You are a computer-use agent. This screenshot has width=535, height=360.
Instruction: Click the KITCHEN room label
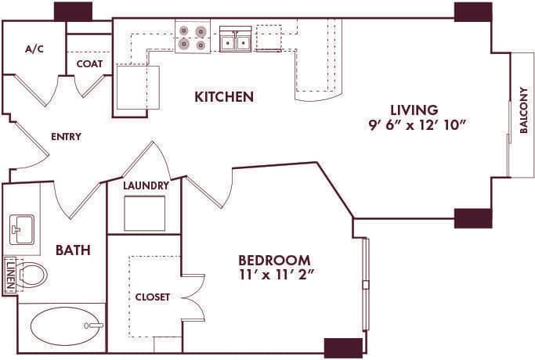[224, 97]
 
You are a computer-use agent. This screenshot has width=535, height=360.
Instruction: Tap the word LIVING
[415, 110]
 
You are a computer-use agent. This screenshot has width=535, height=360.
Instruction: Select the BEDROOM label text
[274, 260]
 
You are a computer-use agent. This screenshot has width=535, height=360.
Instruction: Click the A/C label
[34, 49]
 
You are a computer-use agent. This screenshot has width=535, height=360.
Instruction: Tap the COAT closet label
[90, 64]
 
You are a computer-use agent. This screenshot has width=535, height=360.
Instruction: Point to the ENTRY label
[66, 136]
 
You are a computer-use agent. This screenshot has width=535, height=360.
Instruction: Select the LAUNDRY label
[146, 185]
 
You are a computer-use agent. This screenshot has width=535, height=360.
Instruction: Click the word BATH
[73, 250]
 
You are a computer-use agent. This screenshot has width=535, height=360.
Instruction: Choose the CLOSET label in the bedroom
[152, 297]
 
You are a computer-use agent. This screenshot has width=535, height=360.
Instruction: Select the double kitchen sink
[235, 41]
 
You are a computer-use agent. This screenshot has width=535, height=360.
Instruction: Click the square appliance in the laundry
[145, 213]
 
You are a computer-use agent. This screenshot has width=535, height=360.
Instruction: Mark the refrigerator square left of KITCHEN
[138, 87]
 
